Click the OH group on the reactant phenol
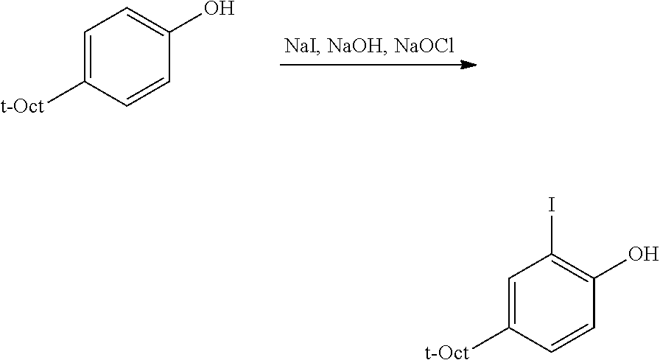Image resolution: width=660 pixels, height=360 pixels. [x=219, y=8]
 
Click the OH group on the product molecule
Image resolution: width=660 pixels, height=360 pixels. [x=644, y=254]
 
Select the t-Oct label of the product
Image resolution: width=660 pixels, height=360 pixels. [x=447, y=352]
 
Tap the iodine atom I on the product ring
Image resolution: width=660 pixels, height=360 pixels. [x=552, y=205]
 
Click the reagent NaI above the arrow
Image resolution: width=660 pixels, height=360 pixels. [x=298, y=46]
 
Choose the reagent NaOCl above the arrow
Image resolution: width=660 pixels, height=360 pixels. [x=424, y=46]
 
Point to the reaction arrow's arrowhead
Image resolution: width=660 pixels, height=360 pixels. [x=468, y=65]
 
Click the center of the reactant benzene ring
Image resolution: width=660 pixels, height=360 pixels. [x=127, y=57]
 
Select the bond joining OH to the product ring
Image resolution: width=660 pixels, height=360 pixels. [x=611, y=267]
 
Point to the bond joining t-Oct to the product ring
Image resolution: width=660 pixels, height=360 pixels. [x=490, y=337]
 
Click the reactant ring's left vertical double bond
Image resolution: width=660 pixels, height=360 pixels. [x=87, y=57]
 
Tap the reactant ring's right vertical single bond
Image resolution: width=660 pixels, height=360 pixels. [x=169, y=57]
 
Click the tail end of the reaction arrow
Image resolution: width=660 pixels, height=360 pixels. [x=281, y=65]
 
